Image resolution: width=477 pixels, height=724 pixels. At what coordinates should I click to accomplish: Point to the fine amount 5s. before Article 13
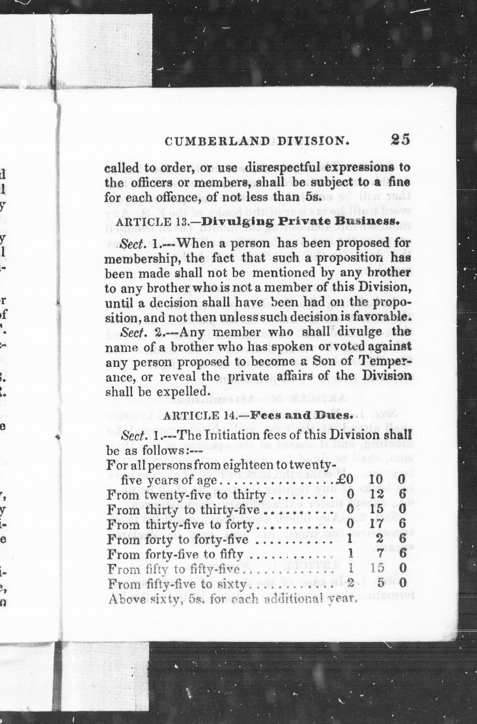click(313, 197)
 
